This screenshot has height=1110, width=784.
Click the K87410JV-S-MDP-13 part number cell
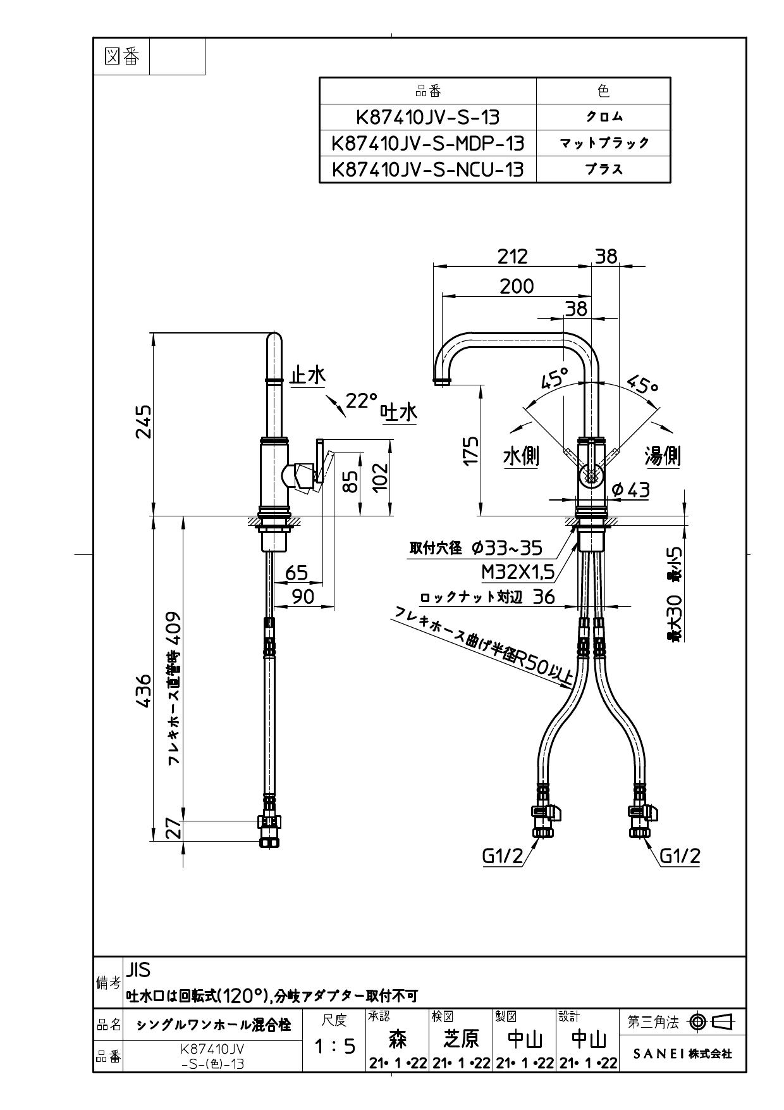428,143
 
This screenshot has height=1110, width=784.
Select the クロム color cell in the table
603,117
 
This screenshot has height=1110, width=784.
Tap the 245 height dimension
144,421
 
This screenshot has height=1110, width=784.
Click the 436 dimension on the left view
144,691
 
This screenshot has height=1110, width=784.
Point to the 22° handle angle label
361,400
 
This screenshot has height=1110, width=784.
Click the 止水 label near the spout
307,375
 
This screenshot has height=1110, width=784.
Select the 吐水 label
399,413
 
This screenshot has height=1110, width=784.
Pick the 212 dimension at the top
512,256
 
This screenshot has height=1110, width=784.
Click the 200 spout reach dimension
517,286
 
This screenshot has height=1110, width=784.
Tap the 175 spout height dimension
470,451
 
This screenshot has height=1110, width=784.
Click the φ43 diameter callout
631,489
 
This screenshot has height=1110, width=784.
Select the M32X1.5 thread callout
518,572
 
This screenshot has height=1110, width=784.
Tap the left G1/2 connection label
503,856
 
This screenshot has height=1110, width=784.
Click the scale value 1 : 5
334,1045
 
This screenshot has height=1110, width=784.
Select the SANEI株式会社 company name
682,1054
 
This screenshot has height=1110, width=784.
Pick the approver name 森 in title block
397,1038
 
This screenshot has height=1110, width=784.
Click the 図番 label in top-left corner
121,57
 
